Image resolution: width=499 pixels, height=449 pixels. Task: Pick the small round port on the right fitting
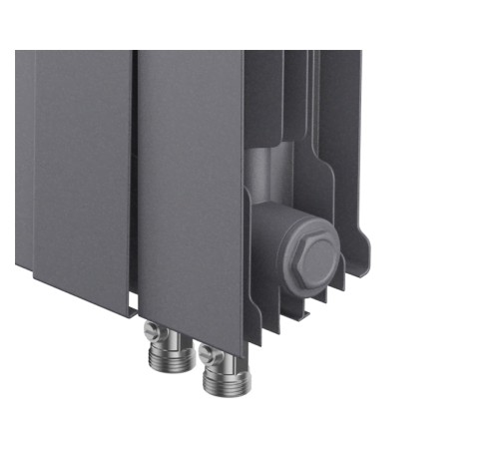[x=205, y=351]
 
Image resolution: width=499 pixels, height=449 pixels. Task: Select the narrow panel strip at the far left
[x=24, y=160]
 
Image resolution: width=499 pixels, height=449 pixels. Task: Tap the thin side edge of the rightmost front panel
[x=244, y=200]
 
